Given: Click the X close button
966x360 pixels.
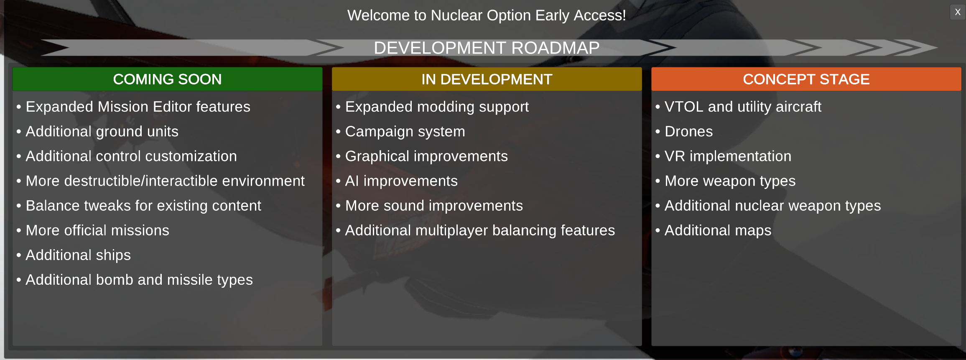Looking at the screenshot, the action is coord(957,12).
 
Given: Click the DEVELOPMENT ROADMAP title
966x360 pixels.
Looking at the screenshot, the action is coord(487,48).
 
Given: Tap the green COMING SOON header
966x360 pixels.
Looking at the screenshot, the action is coord(167,79).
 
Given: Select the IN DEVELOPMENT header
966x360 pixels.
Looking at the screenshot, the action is coord(487,79).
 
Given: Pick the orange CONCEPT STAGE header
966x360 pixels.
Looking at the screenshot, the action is coord(806,79).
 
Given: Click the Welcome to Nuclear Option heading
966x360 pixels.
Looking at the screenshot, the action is coord(487,15).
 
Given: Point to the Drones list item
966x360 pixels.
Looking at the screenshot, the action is coord(688,131).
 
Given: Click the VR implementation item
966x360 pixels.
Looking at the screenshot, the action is coord(728,156).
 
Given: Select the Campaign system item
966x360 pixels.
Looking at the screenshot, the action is coord(405,132).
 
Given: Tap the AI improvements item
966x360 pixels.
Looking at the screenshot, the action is coord(401,181).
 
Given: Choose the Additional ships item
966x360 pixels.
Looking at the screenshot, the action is coord(78,255).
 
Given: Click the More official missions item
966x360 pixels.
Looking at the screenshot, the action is coord(97,230).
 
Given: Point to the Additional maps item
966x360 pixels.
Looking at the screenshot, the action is coord(718,230).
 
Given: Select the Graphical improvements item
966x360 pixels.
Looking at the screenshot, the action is coord(426,156).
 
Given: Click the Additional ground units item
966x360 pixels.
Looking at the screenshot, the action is coord(102,132).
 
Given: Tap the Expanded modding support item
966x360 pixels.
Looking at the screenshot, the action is coord(437,107).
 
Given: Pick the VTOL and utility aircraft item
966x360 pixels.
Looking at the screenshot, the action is coord(743,107).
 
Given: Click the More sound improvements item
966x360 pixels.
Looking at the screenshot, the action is coord(434,206).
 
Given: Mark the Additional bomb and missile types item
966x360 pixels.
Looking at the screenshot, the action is coord(139,280).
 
